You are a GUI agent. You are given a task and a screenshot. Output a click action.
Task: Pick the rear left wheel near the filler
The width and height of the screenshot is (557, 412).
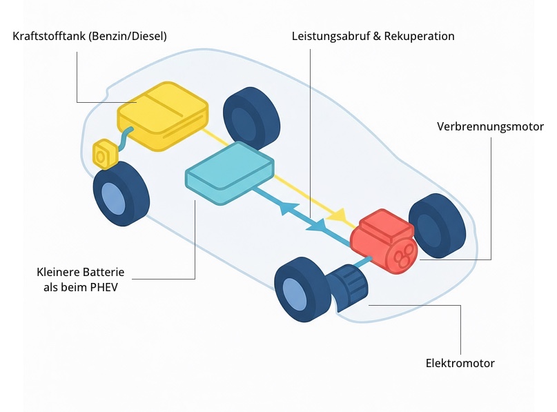121,196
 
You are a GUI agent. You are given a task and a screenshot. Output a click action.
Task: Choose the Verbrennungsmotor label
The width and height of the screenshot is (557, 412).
490,127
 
